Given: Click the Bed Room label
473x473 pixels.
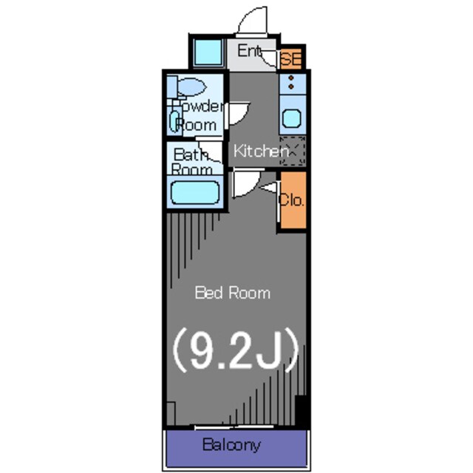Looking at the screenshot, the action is (x=232, y=293).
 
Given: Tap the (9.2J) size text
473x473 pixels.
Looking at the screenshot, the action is (x=236, y=350).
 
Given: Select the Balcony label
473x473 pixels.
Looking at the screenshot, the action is (x=231, y=445).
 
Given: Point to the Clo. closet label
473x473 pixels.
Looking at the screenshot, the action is (x=291, y=200).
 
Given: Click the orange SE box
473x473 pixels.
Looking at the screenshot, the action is (x=291, y=58).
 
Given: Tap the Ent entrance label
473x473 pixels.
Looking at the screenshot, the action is (x=249, y=51).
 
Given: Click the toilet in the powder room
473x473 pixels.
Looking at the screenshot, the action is (x=187, y=87).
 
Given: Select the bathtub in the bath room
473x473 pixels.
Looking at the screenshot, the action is (x=195, y=193).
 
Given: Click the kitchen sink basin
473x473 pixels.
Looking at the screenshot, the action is (x=292, y=118).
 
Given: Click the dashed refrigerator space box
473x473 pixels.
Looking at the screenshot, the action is (x=293, y=151).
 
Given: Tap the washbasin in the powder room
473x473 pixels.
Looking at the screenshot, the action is (x=174, y=121).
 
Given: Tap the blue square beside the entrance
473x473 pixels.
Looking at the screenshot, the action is (x=208, y=52).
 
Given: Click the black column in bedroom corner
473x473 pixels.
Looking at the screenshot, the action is (x=301, y=411).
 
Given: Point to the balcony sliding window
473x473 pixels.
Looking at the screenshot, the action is (x=234, y=427).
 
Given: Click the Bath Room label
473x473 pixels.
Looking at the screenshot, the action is (x=192, y=161).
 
